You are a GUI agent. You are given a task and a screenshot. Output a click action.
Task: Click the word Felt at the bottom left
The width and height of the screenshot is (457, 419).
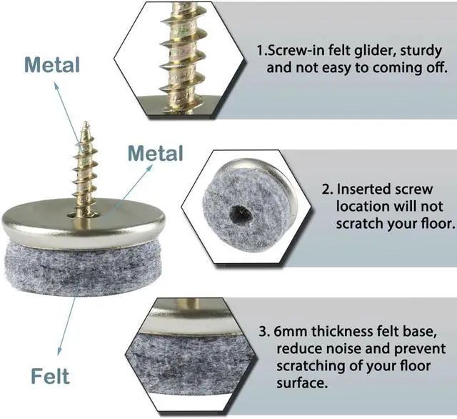[50, 376]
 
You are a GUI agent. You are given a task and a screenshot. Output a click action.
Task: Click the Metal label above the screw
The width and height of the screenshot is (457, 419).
[52, 65]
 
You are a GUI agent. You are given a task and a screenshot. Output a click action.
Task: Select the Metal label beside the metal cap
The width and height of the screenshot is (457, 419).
[156, 153]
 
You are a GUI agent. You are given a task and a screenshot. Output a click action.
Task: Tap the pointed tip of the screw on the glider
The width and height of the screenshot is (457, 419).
[86, 122]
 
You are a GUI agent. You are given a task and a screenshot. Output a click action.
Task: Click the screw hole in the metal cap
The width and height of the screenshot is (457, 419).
[84, 215]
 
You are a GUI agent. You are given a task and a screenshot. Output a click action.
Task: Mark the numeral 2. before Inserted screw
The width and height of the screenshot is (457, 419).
[328, 189]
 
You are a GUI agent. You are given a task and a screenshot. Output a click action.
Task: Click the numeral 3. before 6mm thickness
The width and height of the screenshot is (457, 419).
[264, 332]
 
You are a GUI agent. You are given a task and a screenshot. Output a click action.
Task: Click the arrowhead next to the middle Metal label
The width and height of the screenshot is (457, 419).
[149, 167]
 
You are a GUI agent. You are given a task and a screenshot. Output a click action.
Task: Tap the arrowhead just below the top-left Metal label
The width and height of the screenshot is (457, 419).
[56, 86]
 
